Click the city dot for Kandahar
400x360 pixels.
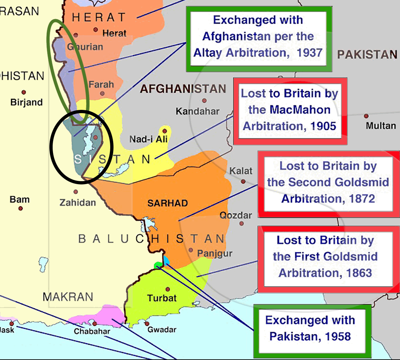204,101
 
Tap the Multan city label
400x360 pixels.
381,126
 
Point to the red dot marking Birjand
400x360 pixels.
24,93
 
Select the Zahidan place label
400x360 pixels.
78,203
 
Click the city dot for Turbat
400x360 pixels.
168,289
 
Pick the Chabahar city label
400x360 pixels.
92,331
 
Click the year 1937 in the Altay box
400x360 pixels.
309,53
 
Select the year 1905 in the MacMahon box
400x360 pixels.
323,126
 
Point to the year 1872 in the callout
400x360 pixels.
362,199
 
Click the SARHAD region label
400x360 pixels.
167,203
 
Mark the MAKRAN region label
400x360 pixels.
68,297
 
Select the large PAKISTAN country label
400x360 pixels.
367,54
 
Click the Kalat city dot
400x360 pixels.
243,181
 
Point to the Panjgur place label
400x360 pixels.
215,253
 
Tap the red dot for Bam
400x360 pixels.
21,209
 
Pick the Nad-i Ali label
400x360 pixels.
148,139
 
